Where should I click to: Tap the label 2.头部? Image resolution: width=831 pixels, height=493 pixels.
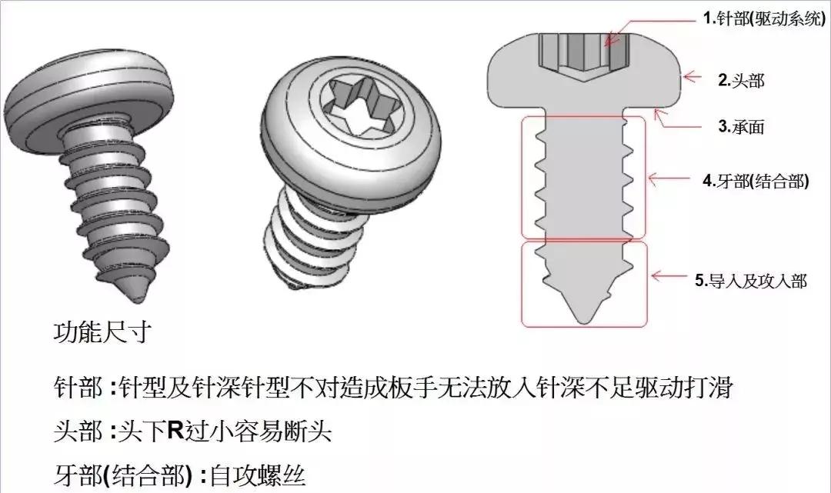click(x=741, y=79)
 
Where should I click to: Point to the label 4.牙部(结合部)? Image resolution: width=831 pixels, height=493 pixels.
click(x=756, y=184)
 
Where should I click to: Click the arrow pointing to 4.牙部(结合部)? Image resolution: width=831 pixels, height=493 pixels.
click(x=669, y=179)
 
